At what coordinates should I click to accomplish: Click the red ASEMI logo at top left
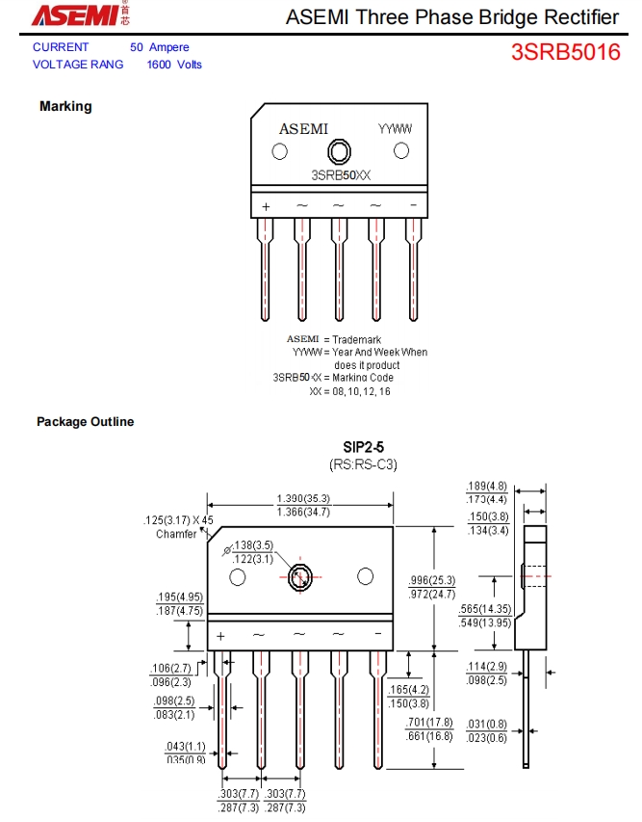(76, 15)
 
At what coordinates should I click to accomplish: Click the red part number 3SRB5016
(565, 52)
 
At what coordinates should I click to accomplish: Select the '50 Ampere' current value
(160, 47)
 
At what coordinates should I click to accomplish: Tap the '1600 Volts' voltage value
(174, 65)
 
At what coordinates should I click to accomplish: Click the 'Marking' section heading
(65, 106)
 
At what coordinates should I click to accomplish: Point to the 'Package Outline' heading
(86, 422)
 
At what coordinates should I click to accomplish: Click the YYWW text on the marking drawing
(395, 129)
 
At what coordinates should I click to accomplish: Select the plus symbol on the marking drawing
(266, 206)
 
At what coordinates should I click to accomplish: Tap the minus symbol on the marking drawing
(413, 205)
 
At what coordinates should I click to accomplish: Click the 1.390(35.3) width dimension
(303, 498)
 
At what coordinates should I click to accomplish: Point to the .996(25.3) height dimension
(431, 580)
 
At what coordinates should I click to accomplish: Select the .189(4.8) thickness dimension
(487, 487)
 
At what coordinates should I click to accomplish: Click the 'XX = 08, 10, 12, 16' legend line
(349, 391)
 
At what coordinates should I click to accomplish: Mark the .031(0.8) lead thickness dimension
(487, 725)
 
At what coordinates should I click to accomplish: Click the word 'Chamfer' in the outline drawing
(176, 534)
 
